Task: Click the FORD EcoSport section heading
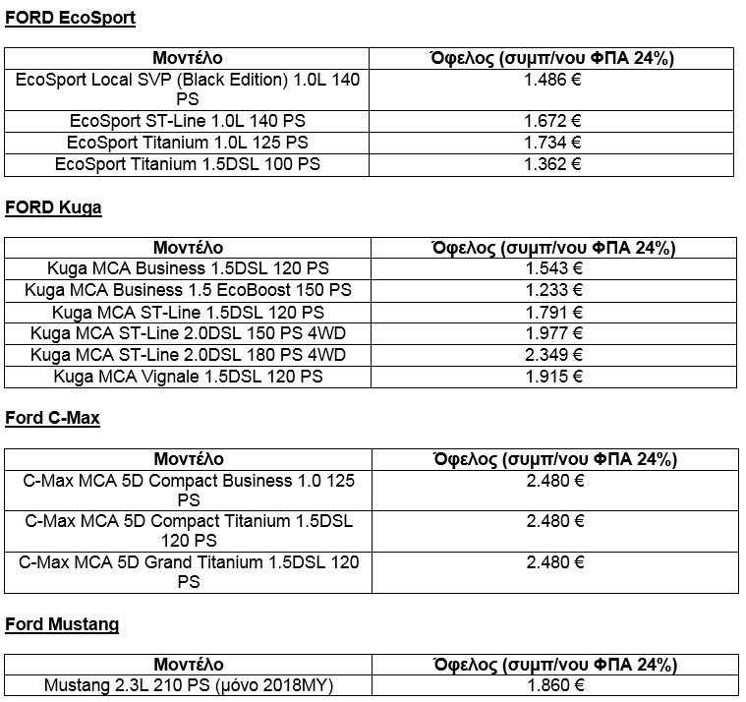70,18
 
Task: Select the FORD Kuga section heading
53,207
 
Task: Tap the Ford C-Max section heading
52,418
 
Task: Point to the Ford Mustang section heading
62,624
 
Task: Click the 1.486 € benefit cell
554,80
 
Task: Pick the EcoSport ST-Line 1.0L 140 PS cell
188,122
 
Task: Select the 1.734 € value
554,144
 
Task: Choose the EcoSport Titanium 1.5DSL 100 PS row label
188,164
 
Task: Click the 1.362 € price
554,164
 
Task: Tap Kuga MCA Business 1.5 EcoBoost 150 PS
188,290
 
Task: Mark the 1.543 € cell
554,269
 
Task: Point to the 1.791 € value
554,312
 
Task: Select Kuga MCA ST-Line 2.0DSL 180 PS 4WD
188,354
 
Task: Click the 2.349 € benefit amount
554,354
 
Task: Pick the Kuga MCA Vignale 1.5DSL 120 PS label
188,376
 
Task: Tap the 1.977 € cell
554,332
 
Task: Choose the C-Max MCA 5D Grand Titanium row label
188,571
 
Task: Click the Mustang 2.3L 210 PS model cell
188,685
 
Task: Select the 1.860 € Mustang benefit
554,685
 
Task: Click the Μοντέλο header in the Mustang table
188,665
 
